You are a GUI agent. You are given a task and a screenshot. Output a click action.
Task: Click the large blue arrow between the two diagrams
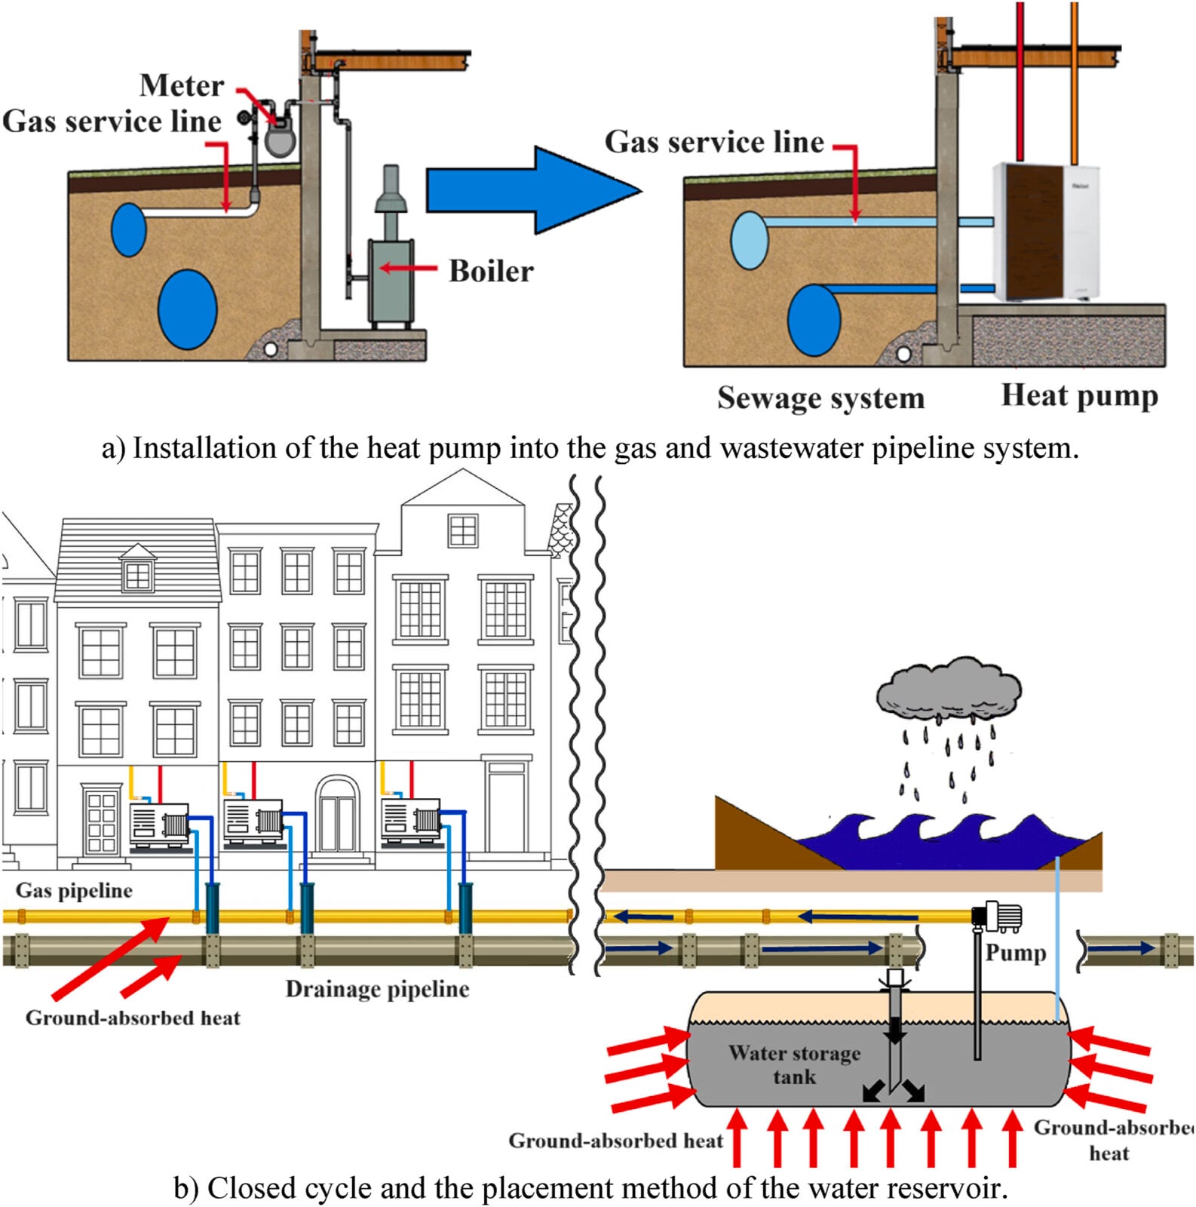(528, 190)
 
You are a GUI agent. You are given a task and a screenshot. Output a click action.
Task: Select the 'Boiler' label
(491, 271)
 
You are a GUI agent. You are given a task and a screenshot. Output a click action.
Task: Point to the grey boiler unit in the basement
(390, 280)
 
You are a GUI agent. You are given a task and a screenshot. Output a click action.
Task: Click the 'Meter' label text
(182, 85)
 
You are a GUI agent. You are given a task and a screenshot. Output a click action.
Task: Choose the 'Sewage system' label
(820, 398)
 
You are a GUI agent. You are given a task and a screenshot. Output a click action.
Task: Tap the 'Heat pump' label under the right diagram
(1079, 395)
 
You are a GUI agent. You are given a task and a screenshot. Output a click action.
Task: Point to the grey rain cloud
(949, 688)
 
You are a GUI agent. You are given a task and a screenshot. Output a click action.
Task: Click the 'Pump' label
(1015, 952)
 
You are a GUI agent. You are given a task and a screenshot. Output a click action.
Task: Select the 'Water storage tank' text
(794, 1064)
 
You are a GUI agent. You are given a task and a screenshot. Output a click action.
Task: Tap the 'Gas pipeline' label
(74, 890)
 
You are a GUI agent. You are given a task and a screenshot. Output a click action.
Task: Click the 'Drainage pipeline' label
(377, 989)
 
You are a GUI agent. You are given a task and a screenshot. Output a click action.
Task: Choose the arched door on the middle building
(337, 814)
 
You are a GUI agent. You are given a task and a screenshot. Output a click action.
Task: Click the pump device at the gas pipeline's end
(997, 916)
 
